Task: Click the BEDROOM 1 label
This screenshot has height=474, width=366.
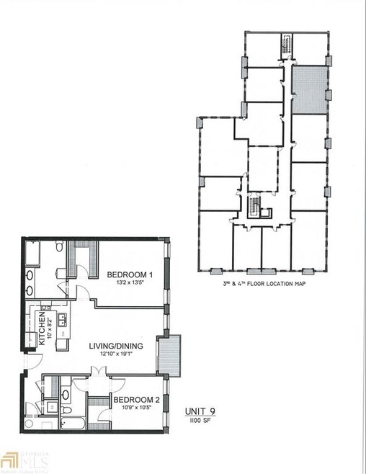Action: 130,274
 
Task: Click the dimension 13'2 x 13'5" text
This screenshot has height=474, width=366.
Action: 130,284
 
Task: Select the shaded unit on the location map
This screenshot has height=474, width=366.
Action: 308,89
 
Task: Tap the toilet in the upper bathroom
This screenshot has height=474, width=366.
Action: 58,249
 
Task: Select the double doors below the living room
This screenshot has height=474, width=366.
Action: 97,372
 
